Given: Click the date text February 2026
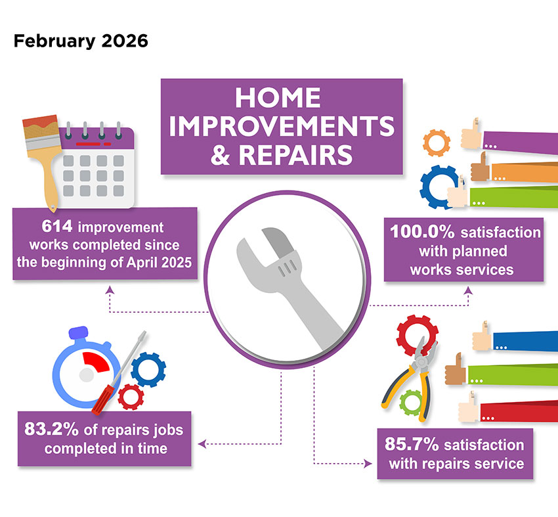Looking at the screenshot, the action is click(x=80, y=41).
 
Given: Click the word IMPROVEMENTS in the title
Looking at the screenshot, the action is click(x=282, y=127).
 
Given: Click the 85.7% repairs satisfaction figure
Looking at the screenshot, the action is click(x=412, y=444).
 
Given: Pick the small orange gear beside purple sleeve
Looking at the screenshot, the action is click(x=435, y=142).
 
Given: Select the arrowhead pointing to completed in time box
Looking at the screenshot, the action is click(x=201, y=444).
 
